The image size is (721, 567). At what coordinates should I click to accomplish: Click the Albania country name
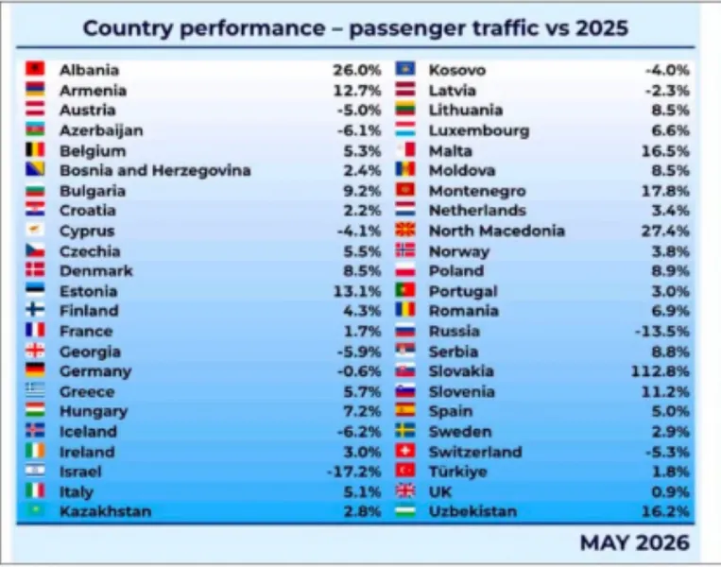pos(89,70)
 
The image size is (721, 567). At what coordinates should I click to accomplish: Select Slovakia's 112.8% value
pos(660,371)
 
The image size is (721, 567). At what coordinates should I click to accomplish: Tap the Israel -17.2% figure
pos(354,472)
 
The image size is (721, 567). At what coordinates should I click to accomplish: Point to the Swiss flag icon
pos(405,451)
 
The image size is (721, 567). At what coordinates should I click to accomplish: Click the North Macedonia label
pos(497,231)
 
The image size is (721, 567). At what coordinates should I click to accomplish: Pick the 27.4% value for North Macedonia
pos(665,231)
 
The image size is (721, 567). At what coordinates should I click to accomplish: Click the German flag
pos(35,370)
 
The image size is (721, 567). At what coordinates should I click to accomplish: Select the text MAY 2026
pos(635,542)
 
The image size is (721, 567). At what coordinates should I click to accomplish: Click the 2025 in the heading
pos(601,28)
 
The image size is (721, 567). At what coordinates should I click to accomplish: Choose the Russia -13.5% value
pos(662,331)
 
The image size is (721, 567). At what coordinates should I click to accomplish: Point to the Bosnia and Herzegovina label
pos(155,171)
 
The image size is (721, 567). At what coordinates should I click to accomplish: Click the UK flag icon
pos(405,491)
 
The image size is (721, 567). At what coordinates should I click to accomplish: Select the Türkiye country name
pos(457,472)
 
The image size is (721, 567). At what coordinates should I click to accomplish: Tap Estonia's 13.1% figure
pos(357,291)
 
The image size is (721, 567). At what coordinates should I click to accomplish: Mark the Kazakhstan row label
pos(105,511)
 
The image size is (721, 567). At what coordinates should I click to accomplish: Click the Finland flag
pos(35,309)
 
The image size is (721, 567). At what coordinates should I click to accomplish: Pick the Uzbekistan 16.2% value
pos(665,511)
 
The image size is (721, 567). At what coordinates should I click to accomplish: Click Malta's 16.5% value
pos(665,151)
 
